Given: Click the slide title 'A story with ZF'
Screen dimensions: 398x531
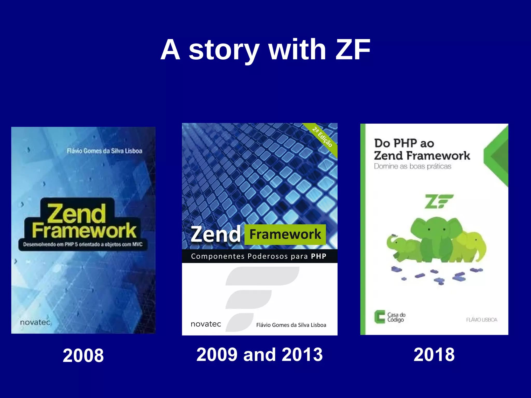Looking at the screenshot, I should [x=265, y=49].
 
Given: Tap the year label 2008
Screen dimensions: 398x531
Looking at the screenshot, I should [x=83, y=355].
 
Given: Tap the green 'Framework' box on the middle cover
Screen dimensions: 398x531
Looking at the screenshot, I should [x=285, y=234].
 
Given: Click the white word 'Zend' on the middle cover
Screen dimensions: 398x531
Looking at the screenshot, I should [x=216, y=234].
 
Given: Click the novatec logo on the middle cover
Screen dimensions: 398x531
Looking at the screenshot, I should [x=206, y=324].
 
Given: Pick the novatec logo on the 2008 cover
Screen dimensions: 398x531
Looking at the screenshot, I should [x=35, y=322].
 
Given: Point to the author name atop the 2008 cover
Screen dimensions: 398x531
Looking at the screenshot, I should [x=104, y=151].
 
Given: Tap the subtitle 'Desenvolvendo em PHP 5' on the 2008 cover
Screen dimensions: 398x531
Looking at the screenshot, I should [x=83, y=244].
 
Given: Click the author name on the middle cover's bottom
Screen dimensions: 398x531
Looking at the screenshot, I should [x=291, y=325].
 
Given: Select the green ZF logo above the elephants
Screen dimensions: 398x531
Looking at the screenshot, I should [x=438, y=201].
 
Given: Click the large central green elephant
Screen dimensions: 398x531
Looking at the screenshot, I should [x=436, y=238].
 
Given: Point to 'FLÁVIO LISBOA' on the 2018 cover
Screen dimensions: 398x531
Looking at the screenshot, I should [x=481, y=320].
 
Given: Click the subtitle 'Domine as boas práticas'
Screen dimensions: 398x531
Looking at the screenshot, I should [x=413, y=166].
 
